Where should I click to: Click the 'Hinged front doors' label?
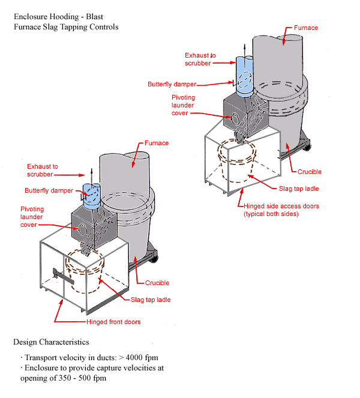114,322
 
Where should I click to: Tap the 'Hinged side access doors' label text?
281,206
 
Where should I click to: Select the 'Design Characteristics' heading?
51,342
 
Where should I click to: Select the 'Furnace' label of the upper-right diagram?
306,28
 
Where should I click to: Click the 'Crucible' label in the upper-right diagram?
310,172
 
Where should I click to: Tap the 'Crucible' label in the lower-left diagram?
157,283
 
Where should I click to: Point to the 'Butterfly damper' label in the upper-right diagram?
172,84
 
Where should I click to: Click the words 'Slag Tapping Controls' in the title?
81,27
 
